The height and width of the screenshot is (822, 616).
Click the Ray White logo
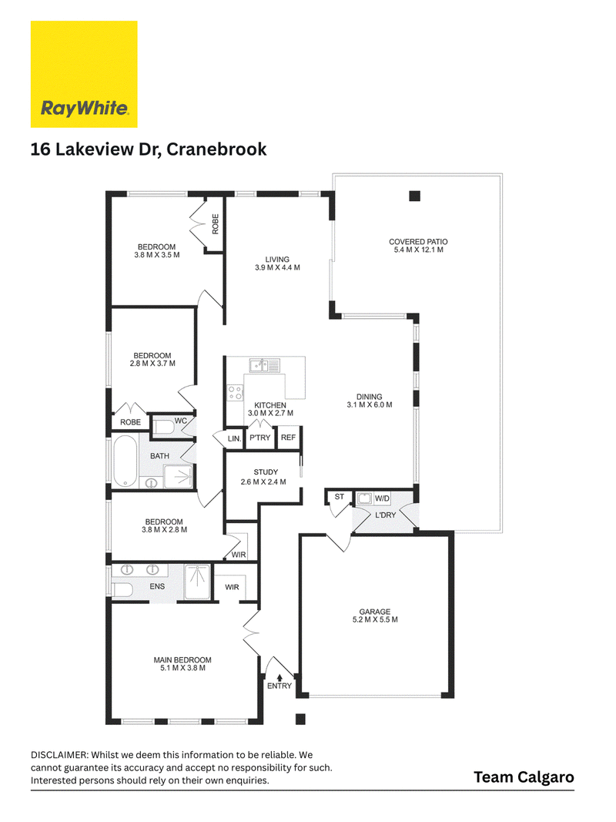pos(84,74)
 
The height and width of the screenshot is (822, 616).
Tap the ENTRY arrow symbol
pos(280,677)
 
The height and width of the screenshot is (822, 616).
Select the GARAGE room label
pos(374,611)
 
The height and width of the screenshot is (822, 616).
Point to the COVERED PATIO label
pos(418,242)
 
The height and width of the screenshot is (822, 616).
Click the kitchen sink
pos(265,365)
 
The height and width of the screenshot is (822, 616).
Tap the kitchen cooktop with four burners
pos(235,393)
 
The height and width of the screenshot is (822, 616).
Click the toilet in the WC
pos(163,426)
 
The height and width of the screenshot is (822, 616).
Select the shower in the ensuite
pos(197,582)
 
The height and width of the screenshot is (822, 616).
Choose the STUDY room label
pos(266,471)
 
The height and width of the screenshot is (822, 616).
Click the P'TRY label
pos(259,438)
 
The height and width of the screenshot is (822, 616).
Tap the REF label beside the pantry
pos(288,438)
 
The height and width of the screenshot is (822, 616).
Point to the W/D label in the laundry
pos(382,498)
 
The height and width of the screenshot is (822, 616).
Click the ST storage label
pos(339,496)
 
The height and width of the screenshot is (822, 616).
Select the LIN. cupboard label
pos(234,438)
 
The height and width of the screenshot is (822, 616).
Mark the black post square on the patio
pos(415,196)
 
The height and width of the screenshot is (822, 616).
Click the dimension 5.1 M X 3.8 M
pos(182,668)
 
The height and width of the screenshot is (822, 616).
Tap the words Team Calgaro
pos(524,777)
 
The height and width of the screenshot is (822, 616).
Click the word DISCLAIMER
pos(60,755)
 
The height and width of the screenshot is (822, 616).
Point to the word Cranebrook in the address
pos(216,149)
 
